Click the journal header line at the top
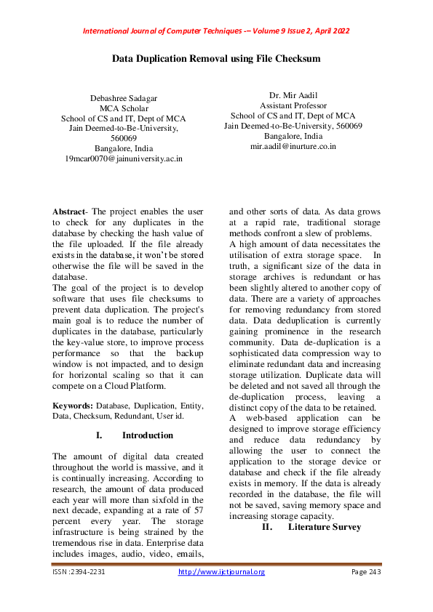216,31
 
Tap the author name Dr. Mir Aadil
293,95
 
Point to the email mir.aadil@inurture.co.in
293,146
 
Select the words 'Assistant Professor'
293,105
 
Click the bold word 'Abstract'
68,211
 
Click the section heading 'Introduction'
148,435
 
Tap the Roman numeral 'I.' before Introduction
99,435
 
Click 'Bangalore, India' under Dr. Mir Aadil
293,136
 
